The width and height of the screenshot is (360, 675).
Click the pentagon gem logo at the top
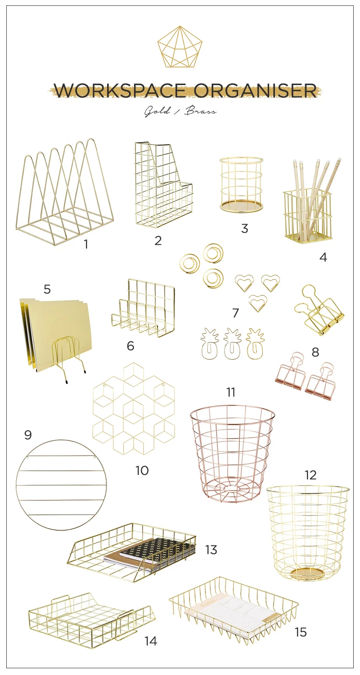pos(180,46)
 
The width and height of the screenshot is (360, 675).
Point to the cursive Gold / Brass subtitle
pos(180,112)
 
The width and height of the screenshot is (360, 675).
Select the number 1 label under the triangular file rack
pos(86,244)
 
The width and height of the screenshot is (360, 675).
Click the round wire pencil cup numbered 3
pos(241,184)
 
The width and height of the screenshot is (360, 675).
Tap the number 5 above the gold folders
pos(47,289)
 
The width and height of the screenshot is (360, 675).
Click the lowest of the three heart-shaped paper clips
pos(257,303)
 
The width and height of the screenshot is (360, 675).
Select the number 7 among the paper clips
pos(236,313)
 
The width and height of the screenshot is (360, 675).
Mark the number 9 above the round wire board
pos(28,435)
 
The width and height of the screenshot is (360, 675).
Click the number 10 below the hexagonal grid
pos(142,470)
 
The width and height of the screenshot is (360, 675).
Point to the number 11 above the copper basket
pos(231,392)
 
